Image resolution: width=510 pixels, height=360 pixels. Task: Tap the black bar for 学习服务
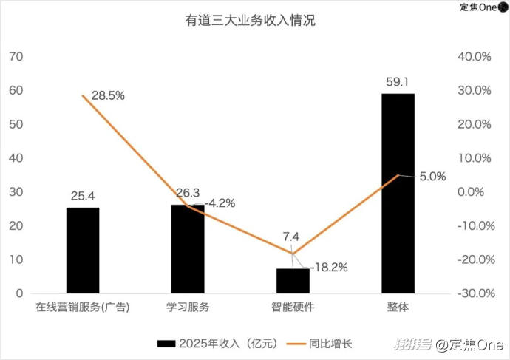(188, 248)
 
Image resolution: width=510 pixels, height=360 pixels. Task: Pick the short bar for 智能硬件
(293, 280)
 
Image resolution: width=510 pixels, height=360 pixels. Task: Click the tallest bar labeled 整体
(398, 193)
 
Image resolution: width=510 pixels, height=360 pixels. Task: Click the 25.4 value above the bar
(83, 196)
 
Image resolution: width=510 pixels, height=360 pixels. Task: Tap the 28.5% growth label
(108, 96)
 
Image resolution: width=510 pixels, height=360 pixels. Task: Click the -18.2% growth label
(329, 266)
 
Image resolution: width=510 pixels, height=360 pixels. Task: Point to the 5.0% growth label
(432, 176)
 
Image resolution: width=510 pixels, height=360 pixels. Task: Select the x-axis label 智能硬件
(293, 308)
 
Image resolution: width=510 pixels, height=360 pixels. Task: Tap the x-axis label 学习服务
(188, 308)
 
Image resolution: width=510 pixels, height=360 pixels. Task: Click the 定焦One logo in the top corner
(483, 7)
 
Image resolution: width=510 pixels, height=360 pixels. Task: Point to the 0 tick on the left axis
(21, 293)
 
